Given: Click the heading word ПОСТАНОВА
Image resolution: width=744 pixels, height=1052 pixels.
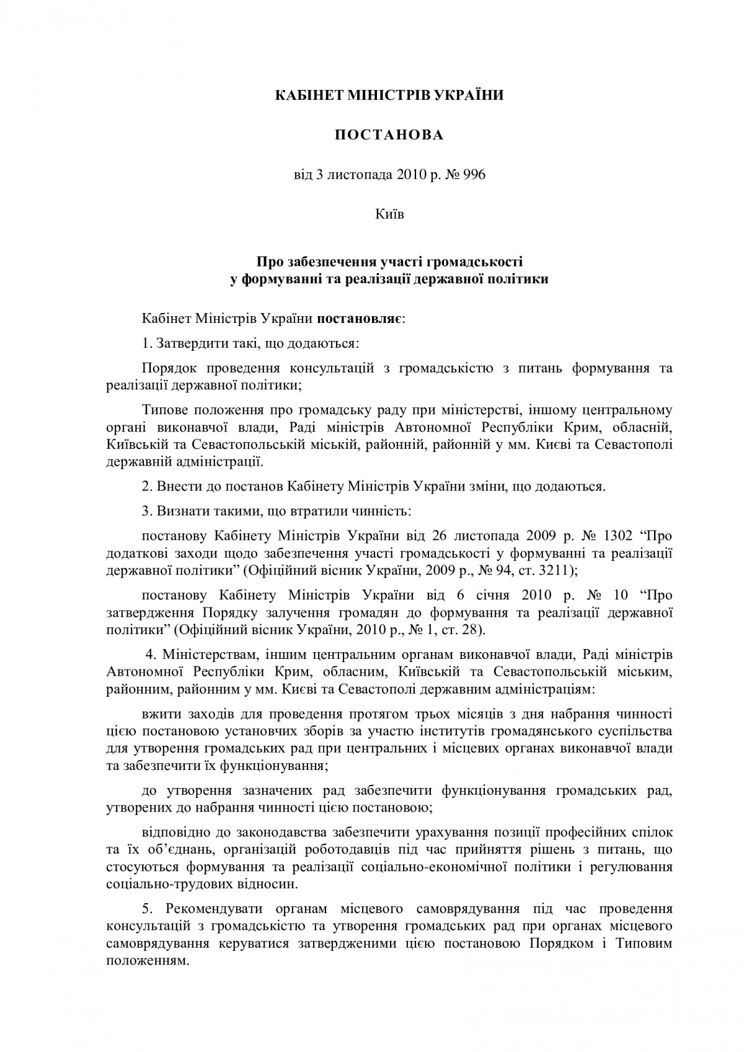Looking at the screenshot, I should tap(389, 135).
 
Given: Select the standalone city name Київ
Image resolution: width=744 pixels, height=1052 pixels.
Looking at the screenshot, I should tap(389, 214).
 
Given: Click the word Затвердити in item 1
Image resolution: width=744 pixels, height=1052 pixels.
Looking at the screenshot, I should tap(190, 343).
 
